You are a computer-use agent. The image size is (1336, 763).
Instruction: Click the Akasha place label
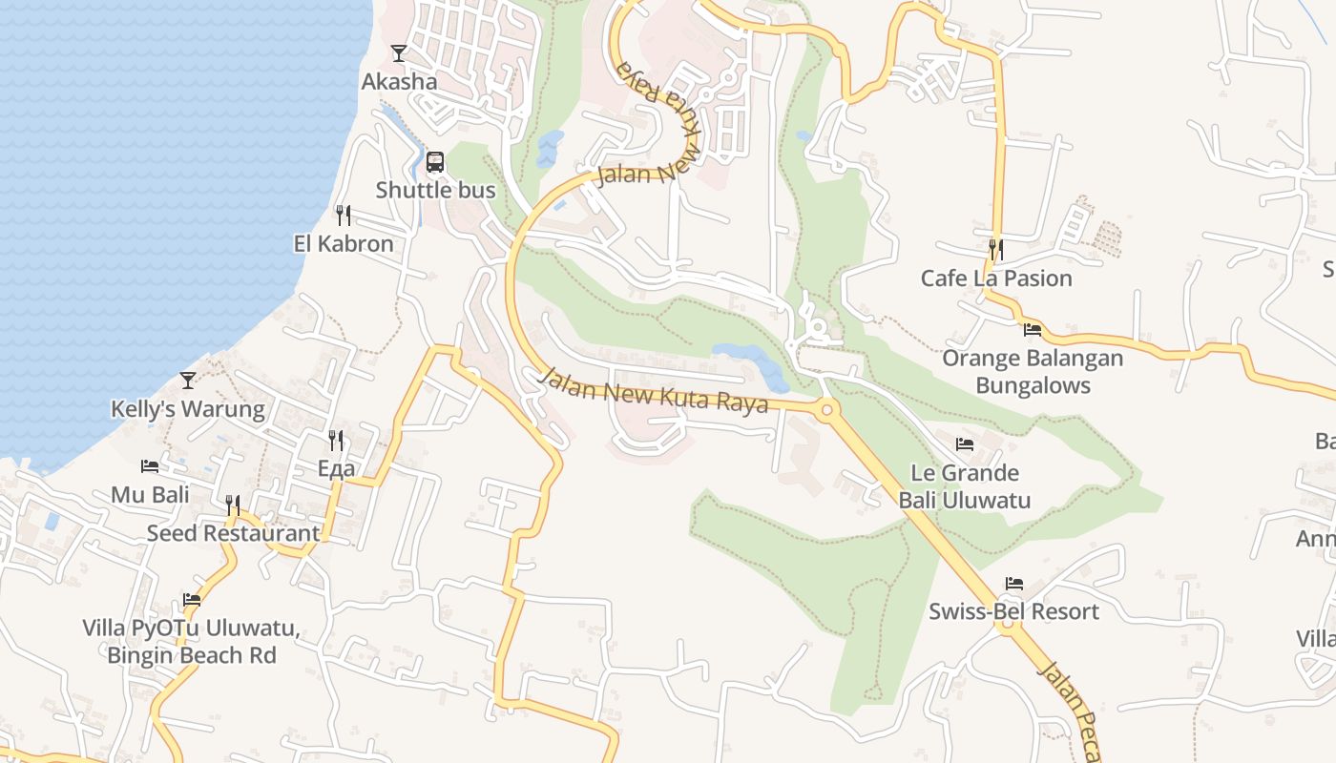coord(399,82)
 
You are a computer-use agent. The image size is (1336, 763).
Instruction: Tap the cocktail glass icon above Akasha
coord(399,53)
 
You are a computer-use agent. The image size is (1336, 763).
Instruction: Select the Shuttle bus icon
coord(435,162)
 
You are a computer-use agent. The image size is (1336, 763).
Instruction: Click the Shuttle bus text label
coord(435,190)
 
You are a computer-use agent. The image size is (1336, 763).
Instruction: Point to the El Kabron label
coord(344,244)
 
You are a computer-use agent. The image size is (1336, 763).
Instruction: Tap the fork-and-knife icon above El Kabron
coord(344,216)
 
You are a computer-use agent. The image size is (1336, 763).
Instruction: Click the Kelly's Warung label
coord(188,409)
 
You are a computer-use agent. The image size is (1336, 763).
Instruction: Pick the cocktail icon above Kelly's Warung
coord(188,381)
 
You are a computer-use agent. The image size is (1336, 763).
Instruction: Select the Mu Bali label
coord(150,495)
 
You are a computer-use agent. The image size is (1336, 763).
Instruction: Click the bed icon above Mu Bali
coord(150,466)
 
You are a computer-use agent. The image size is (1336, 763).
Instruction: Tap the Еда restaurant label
coord(336,468)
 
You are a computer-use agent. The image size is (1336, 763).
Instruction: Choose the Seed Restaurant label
coord(233,533)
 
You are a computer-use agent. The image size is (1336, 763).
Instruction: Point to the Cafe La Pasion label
coord(996,278)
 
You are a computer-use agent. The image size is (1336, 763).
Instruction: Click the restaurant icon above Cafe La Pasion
coord(996,250)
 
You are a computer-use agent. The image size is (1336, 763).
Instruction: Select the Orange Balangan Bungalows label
coord(1033,372)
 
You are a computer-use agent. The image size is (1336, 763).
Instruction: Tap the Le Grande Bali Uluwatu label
coord(965,486)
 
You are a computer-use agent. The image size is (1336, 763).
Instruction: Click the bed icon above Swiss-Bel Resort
coord(1014,584)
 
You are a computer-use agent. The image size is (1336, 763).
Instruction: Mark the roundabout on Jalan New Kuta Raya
coord(826,411)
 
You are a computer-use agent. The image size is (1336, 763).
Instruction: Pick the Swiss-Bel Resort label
coord(1014,611)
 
